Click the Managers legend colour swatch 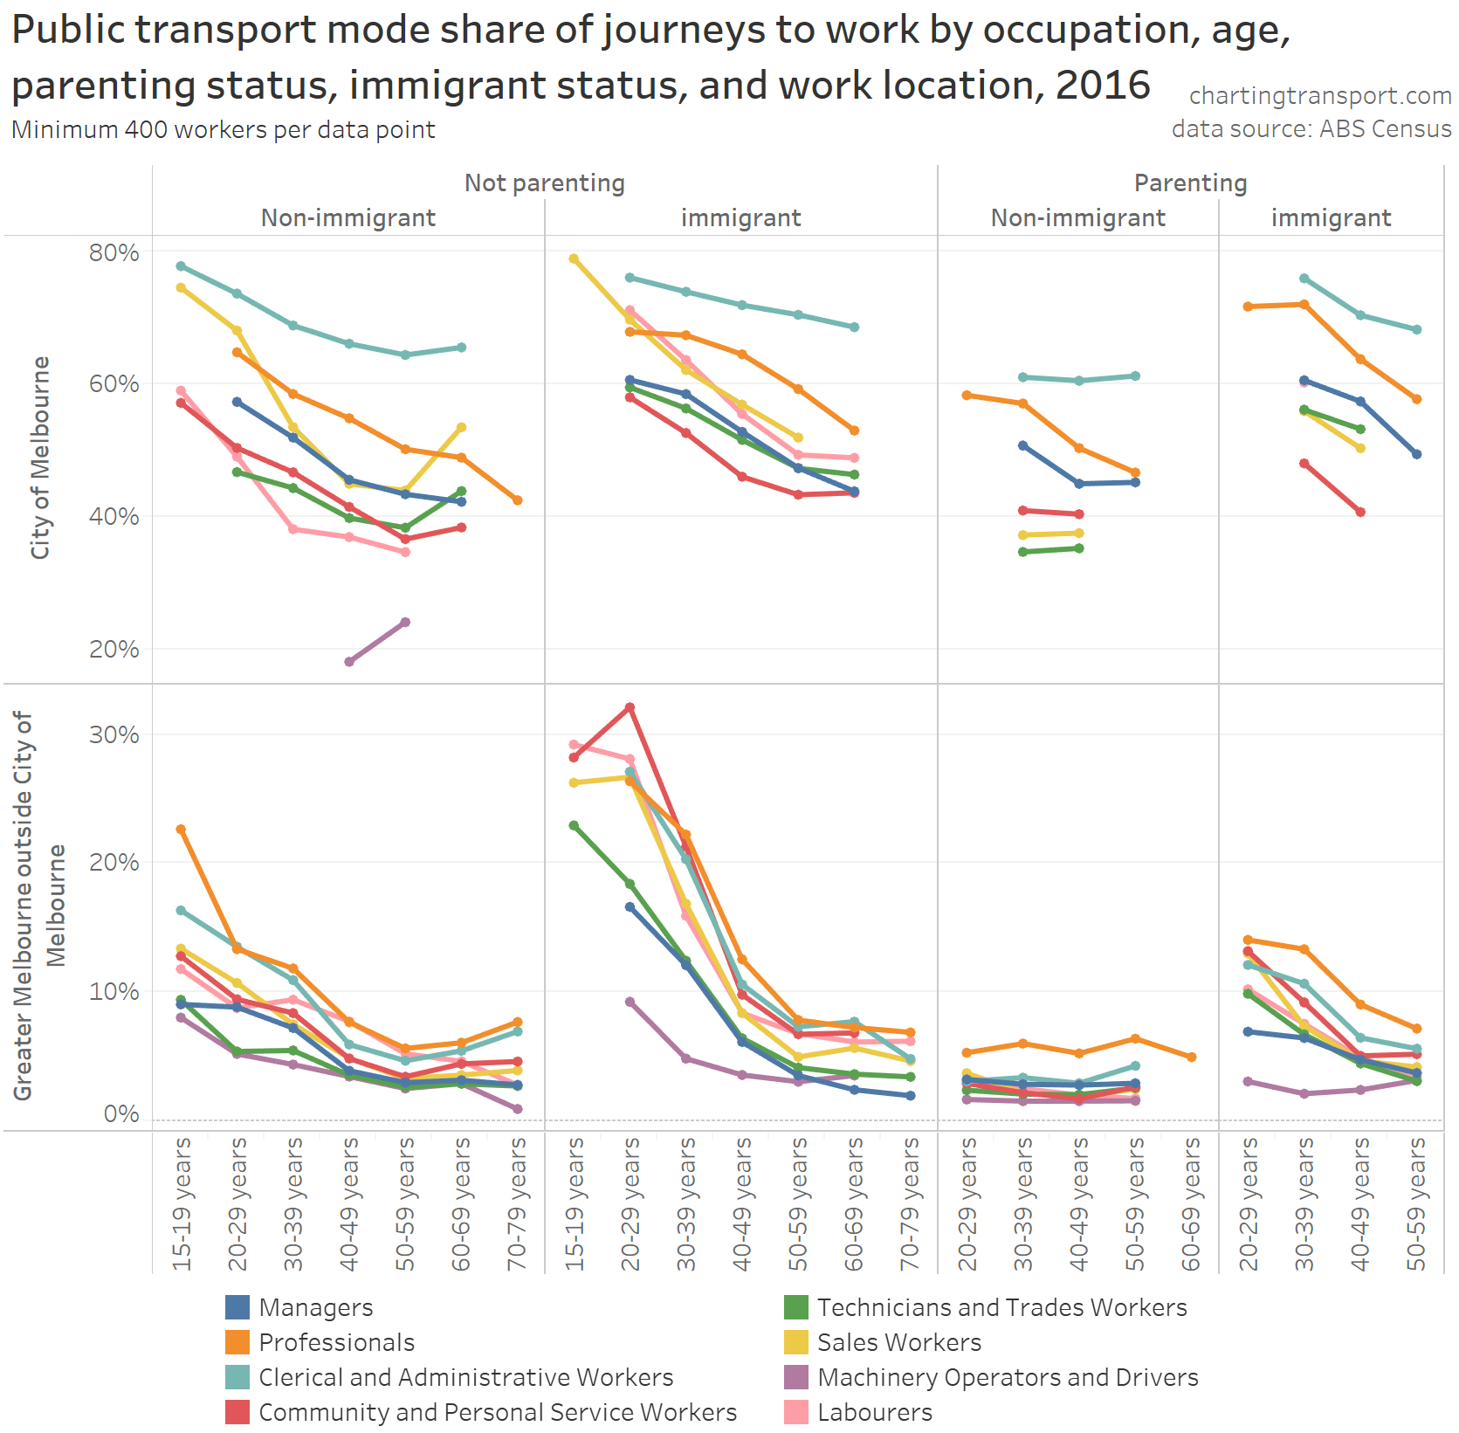pyautogui.click(x=237, y=1307)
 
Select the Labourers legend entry pyautogui.click(x=875, y=1412)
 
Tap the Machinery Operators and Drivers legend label pyautogui.click(x=1008, y=1377)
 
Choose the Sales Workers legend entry pyautogui.click(x=899, y=1342)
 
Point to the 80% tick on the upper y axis pyautogui.click(x=114, y=252)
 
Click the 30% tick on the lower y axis pyautogui.click(x=114, y=734)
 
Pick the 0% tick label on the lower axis pyautogui.click(x=120, y=1113)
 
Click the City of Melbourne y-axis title pyautogui.click(x=40, y=458)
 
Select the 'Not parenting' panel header pyautogui.click(x=544, y=183)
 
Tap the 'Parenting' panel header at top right pyautogui.click(x=1190, y=183)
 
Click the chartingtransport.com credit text pyautogui.click(x=1319, y=95)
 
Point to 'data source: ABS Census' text pyautogui.click(x=1311, y=128)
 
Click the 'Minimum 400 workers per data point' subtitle pyautogui.click(x=224, y=129)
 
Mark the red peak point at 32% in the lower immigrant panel pyautogui.click(x=630, y=707)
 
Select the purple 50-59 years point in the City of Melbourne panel pyautogui.click(x=405, y=623)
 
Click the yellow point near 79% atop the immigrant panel pyautogui.click(x=574, y=258)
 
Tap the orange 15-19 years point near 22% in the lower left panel pyautogui.click(x=181, y=829)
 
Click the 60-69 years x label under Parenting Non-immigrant pyautogui.click(x=1191, y=1203)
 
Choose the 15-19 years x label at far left pyautogui.click(x=181, y=1203)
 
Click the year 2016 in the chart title pyautogui.click(x=1103, y=85)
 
